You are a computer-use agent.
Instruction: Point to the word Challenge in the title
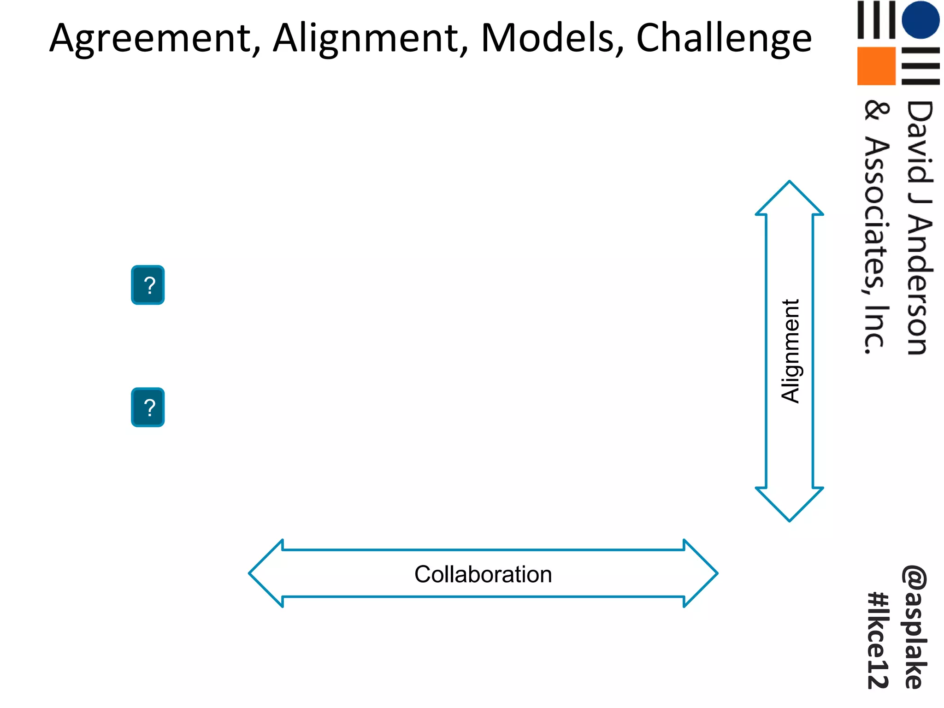tap(724, 39)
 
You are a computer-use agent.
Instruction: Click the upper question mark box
tap(148, 285)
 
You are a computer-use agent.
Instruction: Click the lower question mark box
tap(148, 407)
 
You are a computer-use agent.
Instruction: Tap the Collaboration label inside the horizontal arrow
tap(483, 574)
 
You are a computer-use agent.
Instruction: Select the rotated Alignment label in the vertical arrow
tap(790, 351)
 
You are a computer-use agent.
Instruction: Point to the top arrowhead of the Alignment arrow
tap(789, 198)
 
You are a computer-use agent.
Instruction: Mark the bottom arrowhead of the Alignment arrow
tap(789, 504)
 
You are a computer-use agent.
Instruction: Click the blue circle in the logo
tap(920, 19)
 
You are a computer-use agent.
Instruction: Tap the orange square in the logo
tap(876, 66)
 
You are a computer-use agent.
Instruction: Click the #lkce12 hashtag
tap(878, 641)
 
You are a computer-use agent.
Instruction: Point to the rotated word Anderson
tap(919, 286)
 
